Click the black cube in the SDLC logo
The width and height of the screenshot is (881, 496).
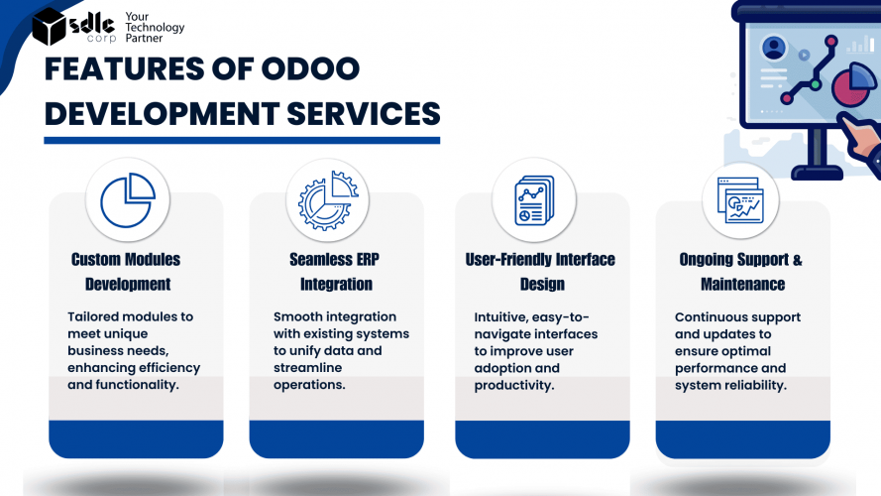coord(49,26)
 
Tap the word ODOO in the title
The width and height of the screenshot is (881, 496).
coord(310,68)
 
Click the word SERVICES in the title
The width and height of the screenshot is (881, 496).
coord(364,114)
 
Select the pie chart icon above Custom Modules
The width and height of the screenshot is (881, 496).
coord(128,200)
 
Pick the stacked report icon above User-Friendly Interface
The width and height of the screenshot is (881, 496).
coord(534,200)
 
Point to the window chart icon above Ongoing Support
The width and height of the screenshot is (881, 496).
coord(740,200)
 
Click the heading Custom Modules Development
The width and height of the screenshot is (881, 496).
coord(127,272)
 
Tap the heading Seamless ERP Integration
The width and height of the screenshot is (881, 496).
coord(335,272)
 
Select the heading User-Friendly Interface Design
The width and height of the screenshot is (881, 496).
coord(540,272)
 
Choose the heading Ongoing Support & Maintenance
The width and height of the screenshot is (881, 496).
coord(741,272)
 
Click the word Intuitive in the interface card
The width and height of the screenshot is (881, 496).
coord(500,317)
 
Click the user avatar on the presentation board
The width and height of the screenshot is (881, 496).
coord(774,48)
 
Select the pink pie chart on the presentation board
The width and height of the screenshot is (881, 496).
coord(852,83)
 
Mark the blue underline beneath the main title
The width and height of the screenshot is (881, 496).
coord(242,140)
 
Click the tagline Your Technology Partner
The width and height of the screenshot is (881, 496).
coord(155,27)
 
